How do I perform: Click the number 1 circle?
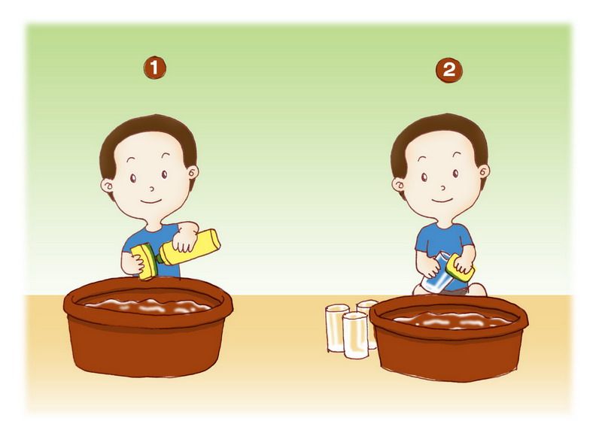(155, 68)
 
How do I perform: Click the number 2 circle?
(448, 70)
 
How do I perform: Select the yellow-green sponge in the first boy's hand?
(144, 261)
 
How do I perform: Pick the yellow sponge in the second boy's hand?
(462, 268)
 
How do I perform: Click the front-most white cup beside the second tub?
(355, 335)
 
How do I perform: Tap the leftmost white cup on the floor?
(337, 327)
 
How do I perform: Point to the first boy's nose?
(152, 189)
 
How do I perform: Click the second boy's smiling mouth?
(442, 200)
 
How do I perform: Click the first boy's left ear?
(108, 186)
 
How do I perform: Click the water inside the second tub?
(449, 320)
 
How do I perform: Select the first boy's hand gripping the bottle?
(185, 238)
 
